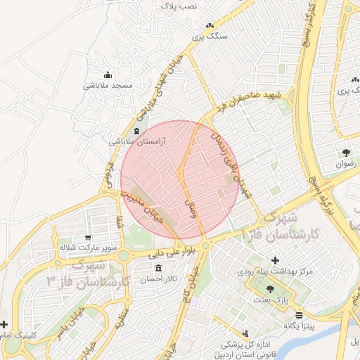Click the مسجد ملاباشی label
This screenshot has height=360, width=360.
(108, 85)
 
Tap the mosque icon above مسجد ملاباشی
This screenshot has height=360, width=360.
(108, 75)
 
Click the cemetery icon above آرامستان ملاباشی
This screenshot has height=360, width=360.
(136, 131)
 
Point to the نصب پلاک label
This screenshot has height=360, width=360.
(179, 6)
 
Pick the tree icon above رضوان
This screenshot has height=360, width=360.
(346, 152)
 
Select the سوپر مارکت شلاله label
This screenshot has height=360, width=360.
(87, 248)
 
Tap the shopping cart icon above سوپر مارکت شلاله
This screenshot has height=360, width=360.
(87, 238)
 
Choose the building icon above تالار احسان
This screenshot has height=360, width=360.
(157, 269)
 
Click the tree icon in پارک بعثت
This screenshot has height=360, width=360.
(271, 289)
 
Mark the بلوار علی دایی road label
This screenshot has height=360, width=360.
(165, 251)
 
